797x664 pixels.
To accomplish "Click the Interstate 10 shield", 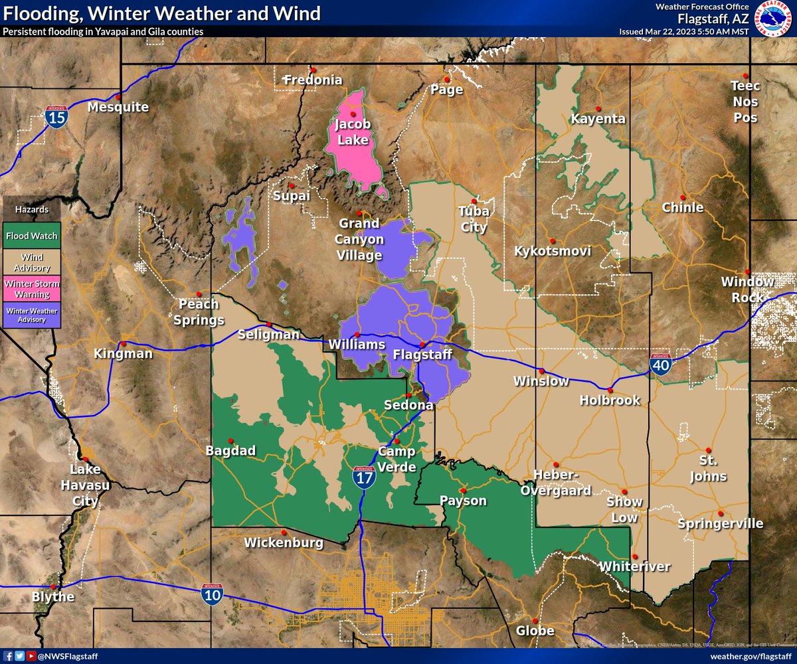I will [213, 592].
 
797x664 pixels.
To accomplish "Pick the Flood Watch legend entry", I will [32, 235].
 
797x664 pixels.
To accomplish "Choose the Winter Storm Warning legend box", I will [32, 288].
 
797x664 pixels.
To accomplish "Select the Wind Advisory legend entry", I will [32, 262].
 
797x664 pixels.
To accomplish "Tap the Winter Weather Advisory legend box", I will [32, 315].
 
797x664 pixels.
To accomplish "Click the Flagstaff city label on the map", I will [422, 355].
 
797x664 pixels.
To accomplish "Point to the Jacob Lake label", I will [353, 131].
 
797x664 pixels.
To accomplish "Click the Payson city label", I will [464, 501].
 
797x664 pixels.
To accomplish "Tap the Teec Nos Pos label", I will [745, 102].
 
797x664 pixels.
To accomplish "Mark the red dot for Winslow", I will [541, 371].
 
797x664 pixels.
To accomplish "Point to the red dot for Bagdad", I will [231, 440].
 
